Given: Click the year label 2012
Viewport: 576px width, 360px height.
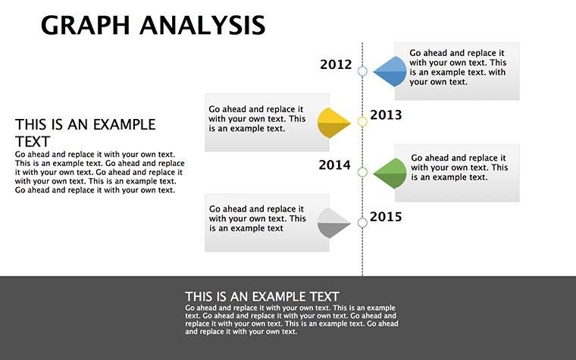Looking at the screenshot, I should (336, 64).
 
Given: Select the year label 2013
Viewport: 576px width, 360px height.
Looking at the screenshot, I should (386, 115).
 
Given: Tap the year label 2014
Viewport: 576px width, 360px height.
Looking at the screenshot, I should (334, 164).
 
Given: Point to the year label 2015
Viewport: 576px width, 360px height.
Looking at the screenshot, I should (386, 218).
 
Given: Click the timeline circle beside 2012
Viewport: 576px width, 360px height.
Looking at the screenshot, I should (362, 71).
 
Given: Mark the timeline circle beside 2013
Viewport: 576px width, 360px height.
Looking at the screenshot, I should (362, 121).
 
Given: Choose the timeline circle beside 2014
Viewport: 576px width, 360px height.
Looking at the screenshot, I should (362, 172).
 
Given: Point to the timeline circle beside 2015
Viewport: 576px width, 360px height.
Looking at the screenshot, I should (362, 222).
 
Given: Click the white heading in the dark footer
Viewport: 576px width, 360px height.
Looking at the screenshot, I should (262, 296).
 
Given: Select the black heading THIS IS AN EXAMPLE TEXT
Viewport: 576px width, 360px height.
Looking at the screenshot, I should (85, 132).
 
